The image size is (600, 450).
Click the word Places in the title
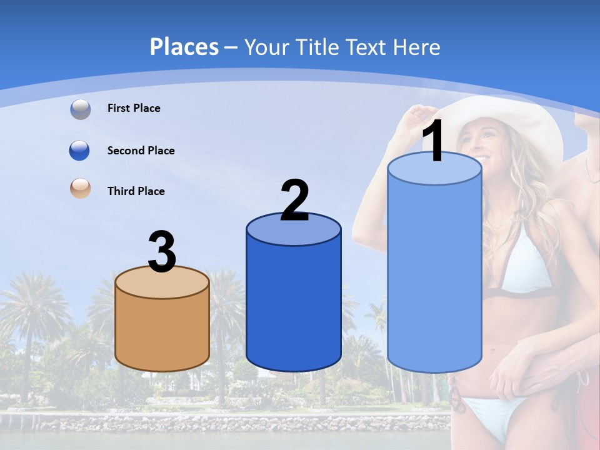184,47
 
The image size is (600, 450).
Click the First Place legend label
134,108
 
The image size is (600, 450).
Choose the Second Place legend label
141,151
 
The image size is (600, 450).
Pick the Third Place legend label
136,191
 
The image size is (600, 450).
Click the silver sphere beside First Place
81,109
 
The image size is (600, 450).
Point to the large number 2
294,201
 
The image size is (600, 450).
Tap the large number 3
162,252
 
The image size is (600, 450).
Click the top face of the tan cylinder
162,282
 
